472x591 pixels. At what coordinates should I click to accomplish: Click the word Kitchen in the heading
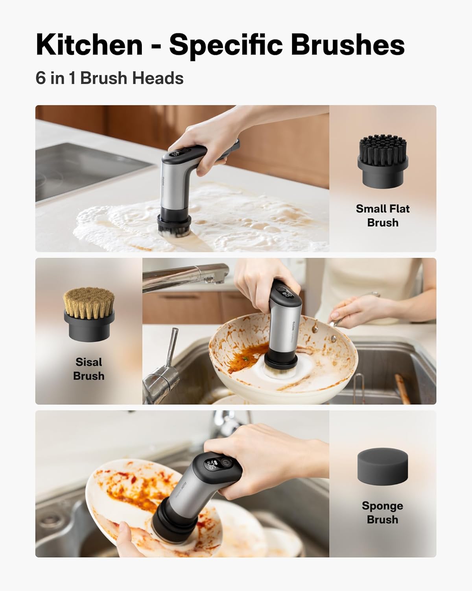click(x=89, y=45)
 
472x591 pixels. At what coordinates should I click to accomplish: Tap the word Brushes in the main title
click(x=348, y=45)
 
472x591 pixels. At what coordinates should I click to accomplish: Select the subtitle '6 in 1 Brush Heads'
click(x=109, y=78)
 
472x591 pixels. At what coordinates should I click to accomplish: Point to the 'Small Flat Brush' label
click(x=382, y=216)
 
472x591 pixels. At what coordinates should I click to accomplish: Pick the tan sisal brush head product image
click(x=89, y=314)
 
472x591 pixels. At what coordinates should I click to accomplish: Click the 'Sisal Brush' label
click(x=89, y=369)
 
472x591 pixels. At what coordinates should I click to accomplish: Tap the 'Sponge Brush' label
click(x=382, y=513)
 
